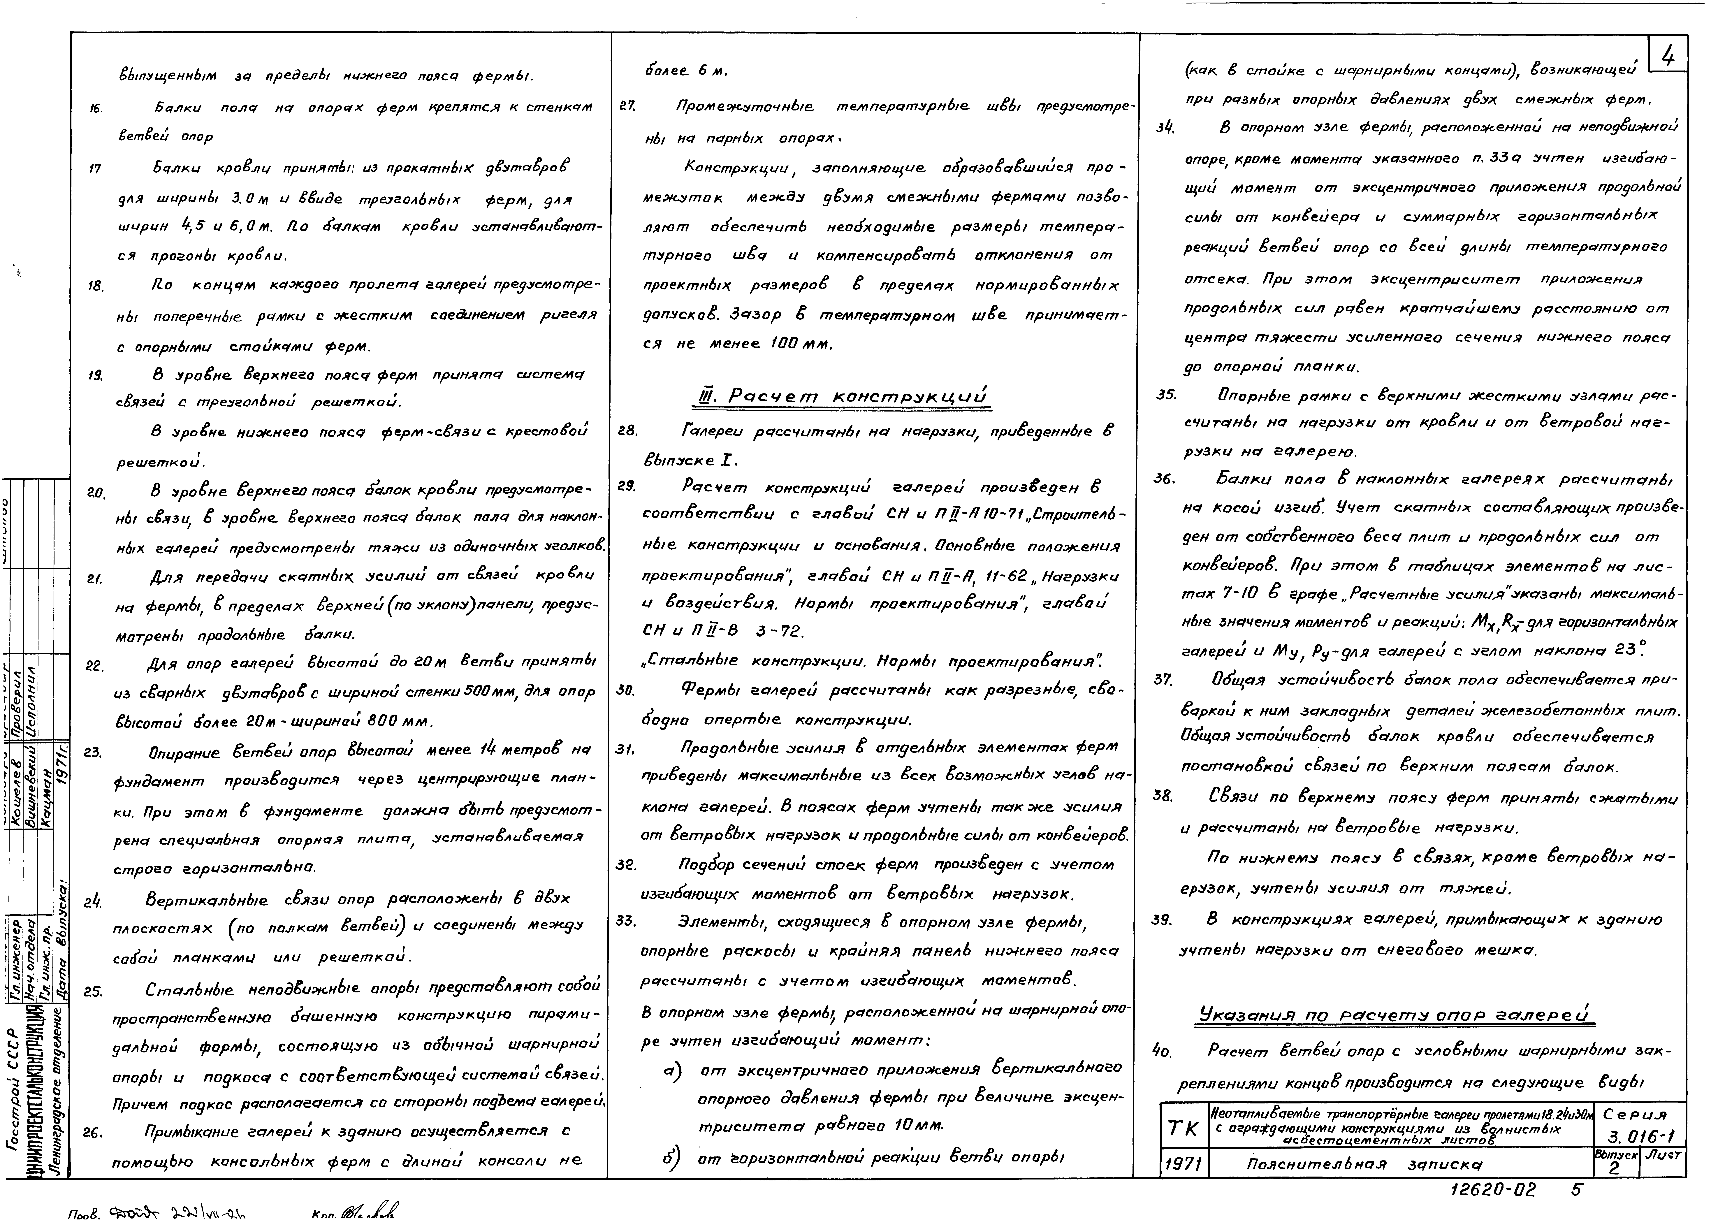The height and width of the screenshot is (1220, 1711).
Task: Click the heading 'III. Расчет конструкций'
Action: pyautogui.click(x=841, y=396)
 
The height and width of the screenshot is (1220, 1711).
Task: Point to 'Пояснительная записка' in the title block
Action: pyautogui.click(x=1365, y=1165)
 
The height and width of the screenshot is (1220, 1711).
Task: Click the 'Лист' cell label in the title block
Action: pyautogui.click(x=1662, y=1155)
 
